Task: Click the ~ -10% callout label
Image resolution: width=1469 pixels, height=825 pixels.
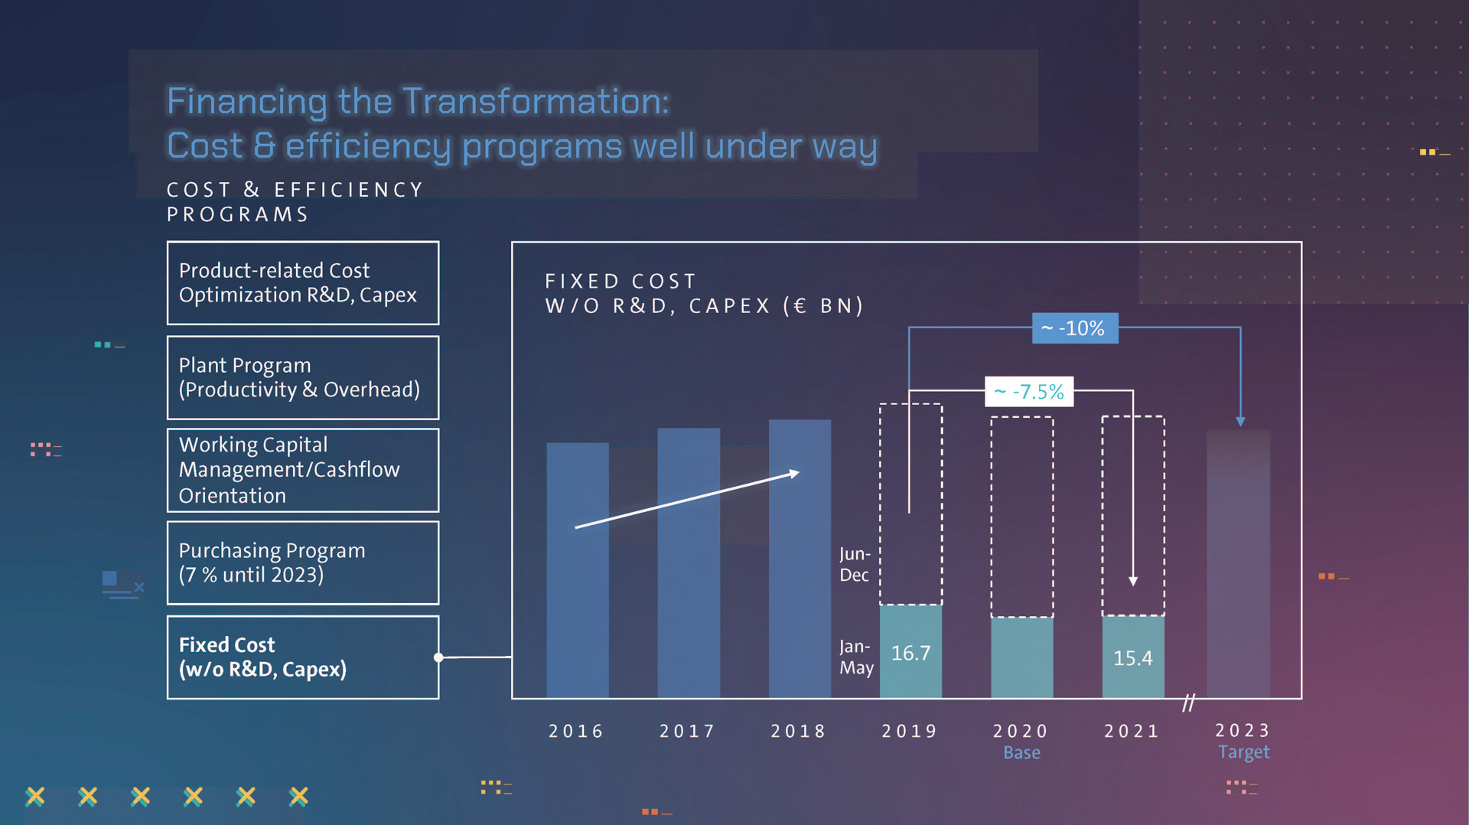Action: pos(1074,328)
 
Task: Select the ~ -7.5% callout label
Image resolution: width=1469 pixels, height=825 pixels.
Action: pos(1028,392)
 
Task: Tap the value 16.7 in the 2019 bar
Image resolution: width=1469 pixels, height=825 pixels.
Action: pos(910,653)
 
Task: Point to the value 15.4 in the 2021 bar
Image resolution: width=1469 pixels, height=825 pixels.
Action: pos(1132,658)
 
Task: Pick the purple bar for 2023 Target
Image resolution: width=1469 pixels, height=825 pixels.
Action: pos(1238,566)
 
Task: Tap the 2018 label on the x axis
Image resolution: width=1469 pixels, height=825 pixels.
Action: pos(798,732)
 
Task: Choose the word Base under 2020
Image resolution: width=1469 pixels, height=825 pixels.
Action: pos(1021,753)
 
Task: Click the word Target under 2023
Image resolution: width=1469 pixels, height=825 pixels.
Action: pos(1243,752)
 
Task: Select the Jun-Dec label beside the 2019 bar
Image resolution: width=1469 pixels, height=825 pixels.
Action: pos(855,564)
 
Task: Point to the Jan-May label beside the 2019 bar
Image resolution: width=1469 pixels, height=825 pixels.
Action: pos(856,657)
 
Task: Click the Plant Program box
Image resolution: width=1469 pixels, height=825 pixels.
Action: pos(303,377)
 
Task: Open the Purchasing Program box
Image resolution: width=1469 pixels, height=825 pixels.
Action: pos(303,562)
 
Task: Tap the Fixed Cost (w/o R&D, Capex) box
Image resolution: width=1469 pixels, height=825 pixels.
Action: pos(303,657)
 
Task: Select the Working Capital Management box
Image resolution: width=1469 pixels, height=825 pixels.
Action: pos(303,470)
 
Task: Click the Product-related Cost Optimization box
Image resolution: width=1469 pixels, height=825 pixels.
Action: pos(303,283)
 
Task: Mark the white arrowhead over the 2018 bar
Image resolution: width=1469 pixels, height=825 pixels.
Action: pos(795,474)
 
